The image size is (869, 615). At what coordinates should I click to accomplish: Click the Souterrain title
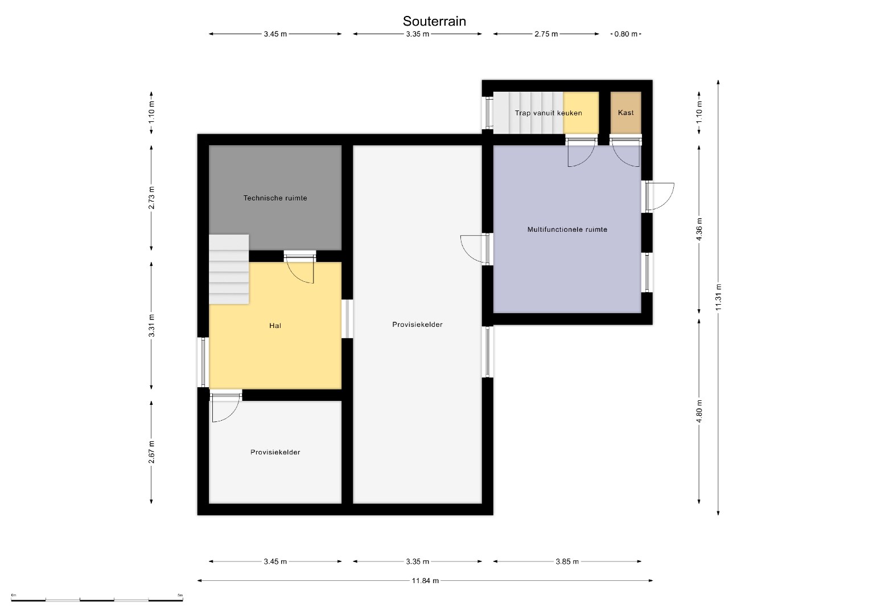point(434,21)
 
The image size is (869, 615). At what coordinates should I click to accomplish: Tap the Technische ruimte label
point(275,198)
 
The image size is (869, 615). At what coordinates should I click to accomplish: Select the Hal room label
point(275,326)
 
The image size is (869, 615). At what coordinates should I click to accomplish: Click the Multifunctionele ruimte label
point(567,229)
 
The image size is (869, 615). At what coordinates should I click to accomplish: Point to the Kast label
point(626,113)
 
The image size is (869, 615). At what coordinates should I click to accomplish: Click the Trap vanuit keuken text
point(548,113)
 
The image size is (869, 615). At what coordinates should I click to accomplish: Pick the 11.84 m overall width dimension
point(425,581)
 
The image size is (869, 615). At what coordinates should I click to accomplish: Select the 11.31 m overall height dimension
point(718,297)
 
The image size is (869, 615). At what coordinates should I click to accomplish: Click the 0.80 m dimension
point(626,34)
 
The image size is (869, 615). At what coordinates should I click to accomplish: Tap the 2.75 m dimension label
point(546,34)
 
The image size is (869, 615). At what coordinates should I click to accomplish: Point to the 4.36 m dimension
point(699,229)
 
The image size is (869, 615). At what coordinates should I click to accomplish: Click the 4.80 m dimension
point(699,411)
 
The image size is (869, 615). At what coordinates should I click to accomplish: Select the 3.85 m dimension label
point(567,561)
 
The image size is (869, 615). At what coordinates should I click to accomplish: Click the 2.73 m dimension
point(151,198)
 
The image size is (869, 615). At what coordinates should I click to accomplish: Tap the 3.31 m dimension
point(151,325)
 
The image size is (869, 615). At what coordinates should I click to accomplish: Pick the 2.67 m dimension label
point(151,452)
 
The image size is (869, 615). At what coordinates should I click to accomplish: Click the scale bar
point(97,600)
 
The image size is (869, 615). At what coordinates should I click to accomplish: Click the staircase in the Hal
point(229,269)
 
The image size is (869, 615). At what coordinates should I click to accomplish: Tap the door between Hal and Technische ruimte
point(299,266)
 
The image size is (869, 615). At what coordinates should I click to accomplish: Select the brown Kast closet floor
point(626,113)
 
